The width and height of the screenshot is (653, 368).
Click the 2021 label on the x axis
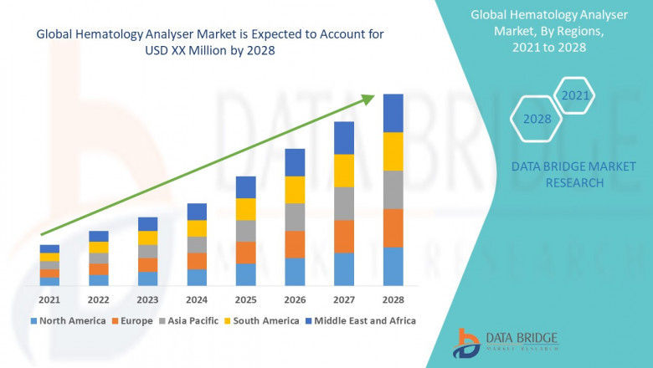49,299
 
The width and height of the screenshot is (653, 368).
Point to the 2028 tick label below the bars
393,299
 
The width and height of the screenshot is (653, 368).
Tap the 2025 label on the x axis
245,299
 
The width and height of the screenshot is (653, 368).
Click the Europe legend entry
135,320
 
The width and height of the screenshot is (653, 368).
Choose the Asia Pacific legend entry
192,320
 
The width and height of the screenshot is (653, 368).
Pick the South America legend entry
265,320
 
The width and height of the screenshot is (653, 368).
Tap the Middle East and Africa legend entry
363,320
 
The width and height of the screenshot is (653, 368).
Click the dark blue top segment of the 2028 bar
393,113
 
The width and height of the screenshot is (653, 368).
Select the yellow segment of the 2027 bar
344,171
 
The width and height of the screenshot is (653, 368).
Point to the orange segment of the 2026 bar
295,244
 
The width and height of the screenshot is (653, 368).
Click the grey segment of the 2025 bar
245,231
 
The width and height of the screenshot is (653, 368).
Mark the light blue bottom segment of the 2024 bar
197,278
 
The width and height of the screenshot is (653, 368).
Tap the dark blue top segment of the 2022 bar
99,236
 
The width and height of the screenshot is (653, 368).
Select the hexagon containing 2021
575,95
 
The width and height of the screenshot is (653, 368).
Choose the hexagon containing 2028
537,119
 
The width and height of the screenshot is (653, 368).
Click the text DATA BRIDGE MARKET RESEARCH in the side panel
558,175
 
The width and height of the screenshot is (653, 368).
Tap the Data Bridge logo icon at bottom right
467,344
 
